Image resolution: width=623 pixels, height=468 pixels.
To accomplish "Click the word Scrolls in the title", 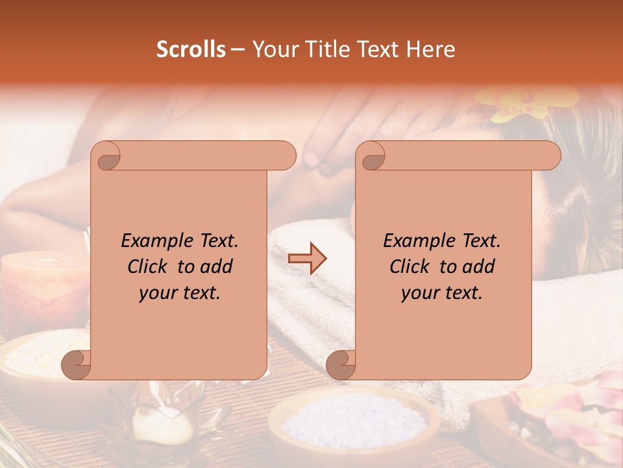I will (x=191, y=49).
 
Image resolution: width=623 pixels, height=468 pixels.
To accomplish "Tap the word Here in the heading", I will (x=431, y=49).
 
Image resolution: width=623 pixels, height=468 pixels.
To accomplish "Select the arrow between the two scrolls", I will (x=307, y=258).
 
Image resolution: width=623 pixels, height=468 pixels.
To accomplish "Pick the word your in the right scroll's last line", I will (x=419, y=292).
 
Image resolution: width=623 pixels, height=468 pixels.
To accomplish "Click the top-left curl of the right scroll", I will (x=372, y=156).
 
